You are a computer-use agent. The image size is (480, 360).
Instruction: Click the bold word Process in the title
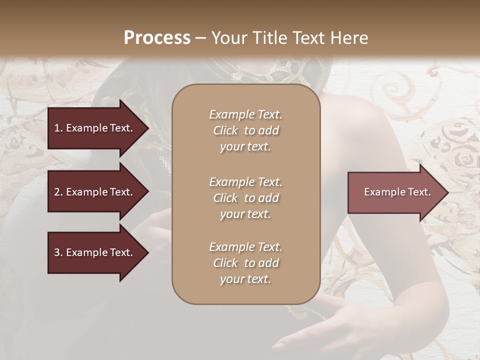click(157, 38)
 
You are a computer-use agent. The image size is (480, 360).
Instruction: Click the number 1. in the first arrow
click(58, 128)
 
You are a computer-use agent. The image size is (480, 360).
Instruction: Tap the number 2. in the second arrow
click(58, 192)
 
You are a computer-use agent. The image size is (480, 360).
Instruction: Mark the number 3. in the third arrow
click(58, 253)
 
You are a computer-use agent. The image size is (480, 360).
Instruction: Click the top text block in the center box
click(245, 130)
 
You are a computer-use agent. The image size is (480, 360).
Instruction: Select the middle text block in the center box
click(245, 197)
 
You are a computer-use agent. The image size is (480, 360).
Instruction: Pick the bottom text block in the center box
click(245, 263)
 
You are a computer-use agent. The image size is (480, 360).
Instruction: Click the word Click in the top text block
click(225, 130)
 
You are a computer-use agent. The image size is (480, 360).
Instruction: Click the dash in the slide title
click(200, 38)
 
